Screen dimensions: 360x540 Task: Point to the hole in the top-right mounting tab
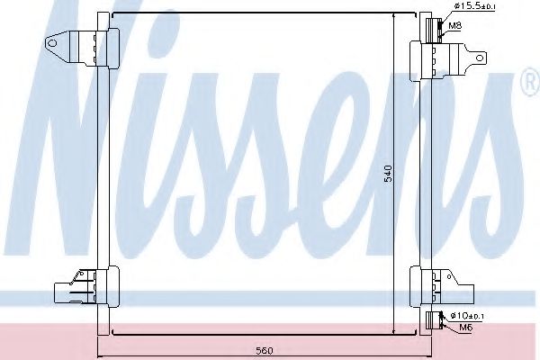pyautogui.click(x=479, y=59)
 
